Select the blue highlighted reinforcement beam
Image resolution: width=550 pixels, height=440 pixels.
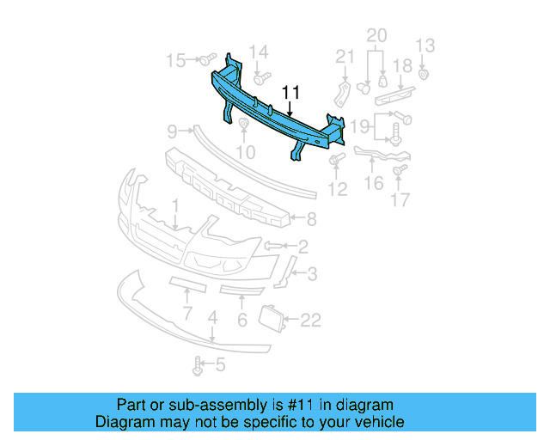275,112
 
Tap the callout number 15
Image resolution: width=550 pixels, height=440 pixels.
175,60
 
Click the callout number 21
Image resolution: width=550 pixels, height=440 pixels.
345,57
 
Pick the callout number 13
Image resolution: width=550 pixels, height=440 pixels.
425,46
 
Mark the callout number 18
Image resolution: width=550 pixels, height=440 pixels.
402,67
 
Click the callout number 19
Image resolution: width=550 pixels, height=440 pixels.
361,127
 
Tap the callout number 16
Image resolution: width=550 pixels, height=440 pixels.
374,183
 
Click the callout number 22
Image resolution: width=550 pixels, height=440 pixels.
310,321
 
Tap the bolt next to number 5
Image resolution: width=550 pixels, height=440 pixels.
199,367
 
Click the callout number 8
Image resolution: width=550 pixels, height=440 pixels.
311,219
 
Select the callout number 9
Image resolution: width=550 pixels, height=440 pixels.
172,131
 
